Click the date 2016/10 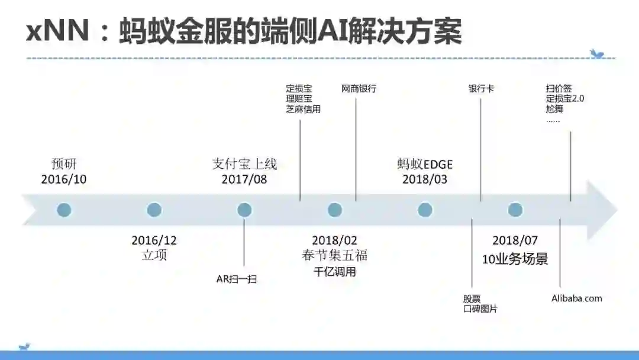pyautogui.click(x=64, y=179)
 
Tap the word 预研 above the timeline pyautogui.click(x=64, y=163)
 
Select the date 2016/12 pyautogui.click(x=154, y=240)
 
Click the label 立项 pyautogui.click(x=154, y=255)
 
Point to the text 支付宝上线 pyautogui.click(x=244, y=163)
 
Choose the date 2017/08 pyautogui.click(x=244, y=179)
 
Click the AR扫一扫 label pyautogui.click(x=237, y=279)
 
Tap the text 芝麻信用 pyautogui.click(x=303, y=110)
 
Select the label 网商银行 pyautogui.click(x=359, y=89)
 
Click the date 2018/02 pyautogui.click(x=335, y=240)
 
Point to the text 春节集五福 pyautogui.click(x=335, y=255)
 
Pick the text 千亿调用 pyautogui.click(x=335, y=272)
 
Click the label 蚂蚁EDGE pyautogui.click(x=425, y=164)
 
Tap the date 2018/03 pyautogui.click(x=425, y=179)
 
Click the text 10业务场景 pyautogui.click(x=515, y=259)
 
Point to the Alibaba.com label pyautogui.click(x=576, y=298)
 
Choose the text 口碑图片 pyautogui.click(x=480, y=309)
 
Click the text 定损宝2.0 pyautogui.click(x=564, y=99)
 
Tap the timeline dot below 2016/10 pyautogui.click(x=64, y=210)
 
